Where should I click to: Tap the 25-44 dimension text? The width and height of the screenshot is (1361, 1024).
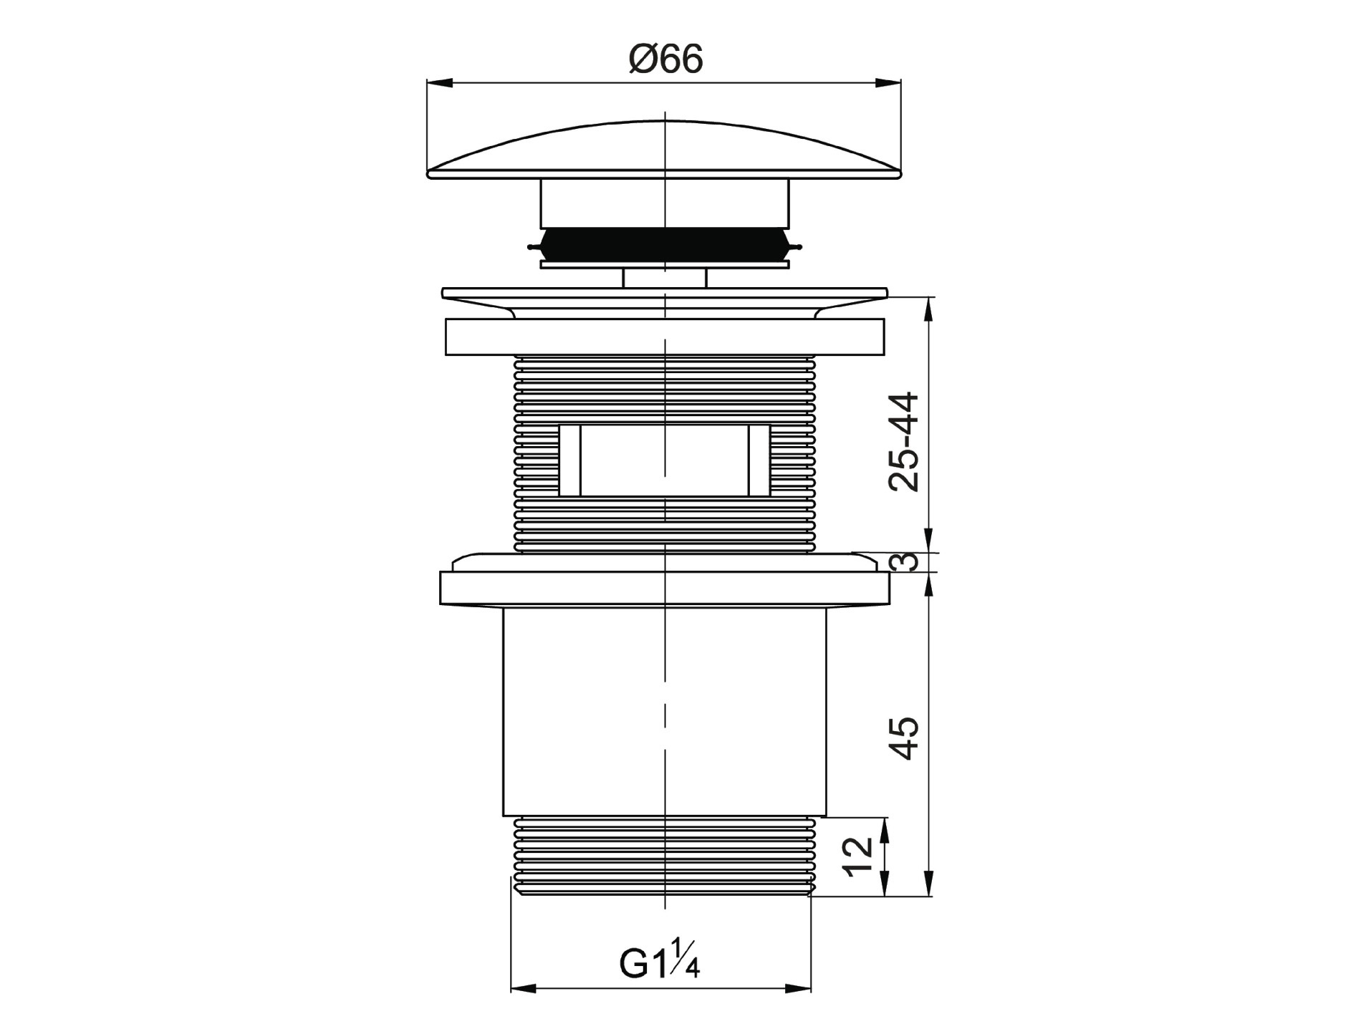pyautogui.click(x=903, y=441)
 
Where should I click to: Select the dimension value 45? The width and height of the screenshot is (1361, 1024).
pyautogui.click(x=903, y=738)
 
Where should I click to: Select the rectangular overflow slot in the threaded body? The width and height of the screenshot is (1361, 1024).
pyautogui.click(x=665, y=460)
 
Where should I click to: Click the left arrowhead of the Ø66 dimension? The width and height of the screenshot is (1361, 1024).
pyautogui.click(x=440, y=83)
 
